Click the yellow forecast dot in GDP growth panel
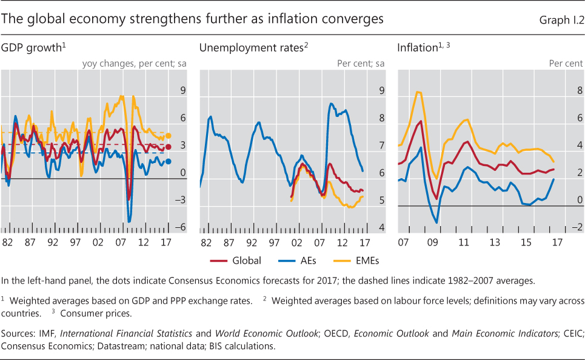[x=169, y=136]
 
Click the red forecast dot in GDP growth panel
[x=169, y=147]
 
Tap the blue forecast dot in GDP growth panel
[x=169, y=161]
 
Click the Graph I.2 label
[x=562, y=21]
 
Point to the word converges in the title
[x=355, y=19]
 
